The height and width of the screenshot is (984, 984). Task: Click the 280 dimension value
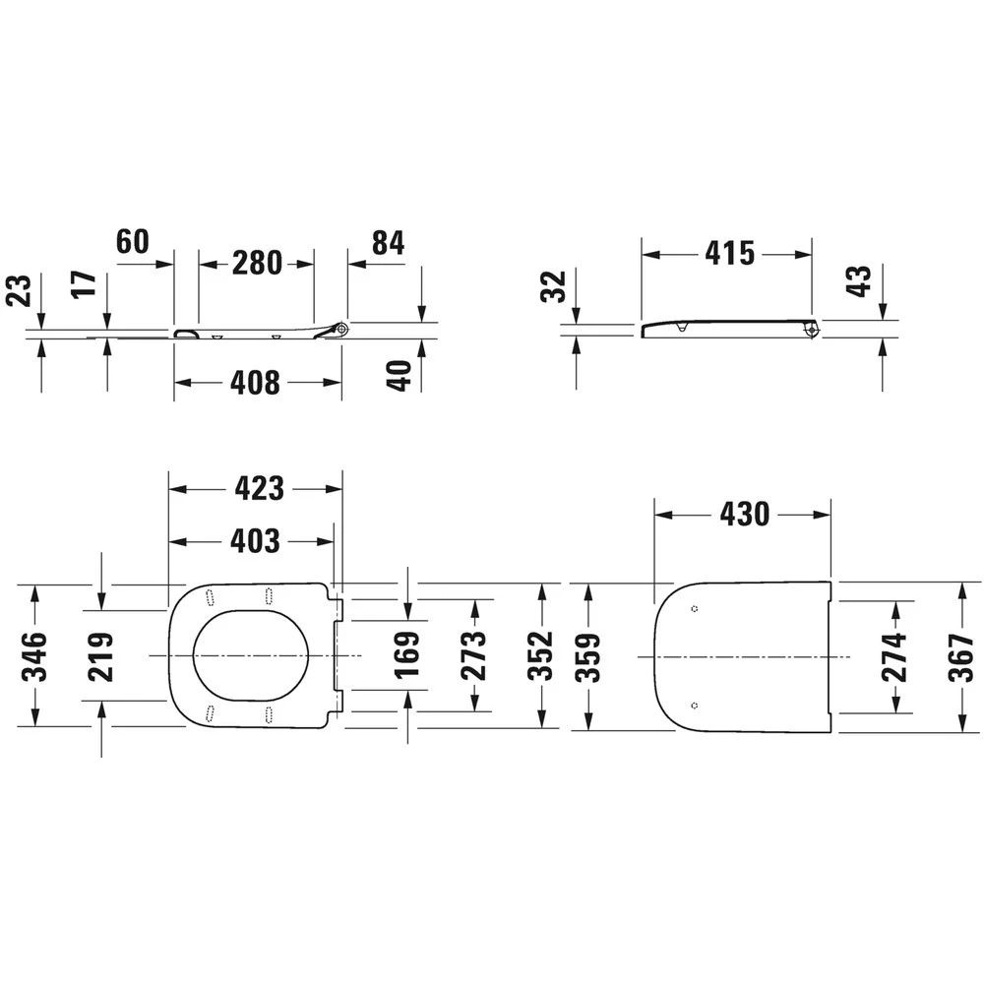257,263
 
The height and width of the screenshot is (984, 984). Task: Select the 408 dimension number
256,382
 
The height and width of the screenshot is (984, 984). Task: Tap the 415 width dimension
729,254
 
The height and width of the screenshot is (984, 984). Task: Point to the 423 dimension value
259,488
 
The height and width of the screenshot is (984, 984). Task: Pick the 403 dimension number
255,541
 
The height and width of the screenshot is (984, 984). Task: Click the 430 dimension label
744,514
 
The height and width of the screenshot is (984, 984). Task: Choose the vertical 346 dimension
34,656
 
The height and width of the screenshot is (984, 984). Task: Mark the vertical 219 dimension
101,657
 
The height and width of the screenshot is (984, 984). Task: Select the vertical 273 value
474,655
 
